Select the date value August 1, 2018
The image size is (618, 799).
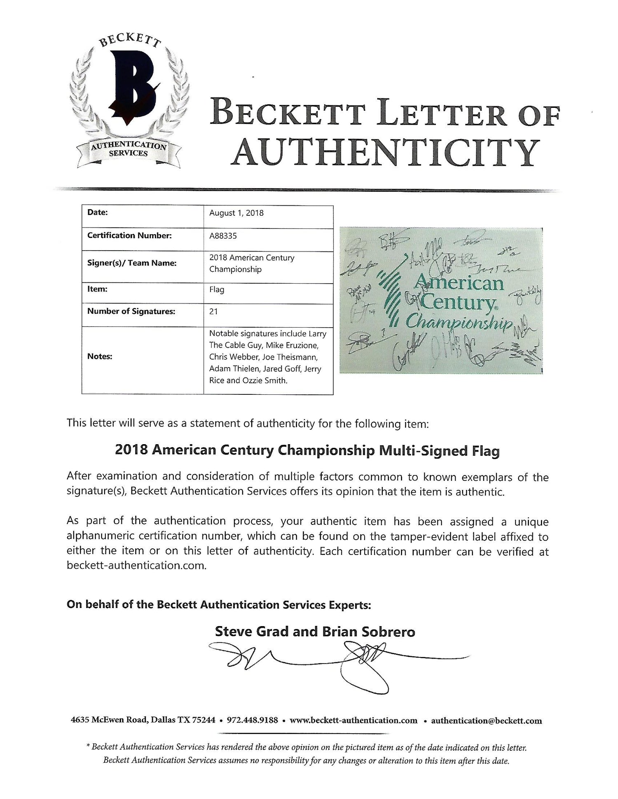(x=236, y=213)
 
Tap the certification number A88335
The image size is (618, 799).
(x=223, y=236)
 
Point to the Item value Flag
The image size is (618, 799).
(x=217, y=290)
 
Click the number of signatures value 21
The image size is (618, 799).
(x=213, y=312)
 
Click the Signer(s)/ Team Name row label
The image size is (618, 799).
(x=132, y=263)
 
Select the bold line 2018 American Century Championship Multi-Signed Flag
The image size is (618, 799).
(x=307, y=451)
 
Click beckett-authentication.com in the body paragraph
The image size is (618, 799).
(x=136, y=566)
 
